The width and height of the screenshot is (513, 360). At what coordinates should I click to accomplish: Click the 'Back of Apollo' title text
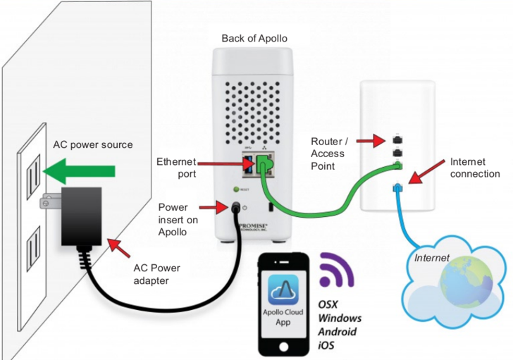point(254,38)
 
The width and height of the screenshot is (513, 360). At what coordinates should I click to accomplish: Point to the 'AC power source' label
point(93,145)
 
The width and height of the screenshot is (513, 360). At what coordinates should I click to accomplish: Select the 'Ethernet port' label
point(176,168)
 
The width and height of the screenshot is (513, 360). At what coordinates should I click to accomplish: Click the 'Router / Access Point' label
point(328,154)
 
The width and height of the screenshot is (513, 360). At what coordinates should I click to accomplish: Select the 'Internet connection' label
point(474,168)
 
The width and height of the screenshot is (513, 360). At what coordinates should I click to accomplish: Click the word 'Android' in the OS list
point(337,332)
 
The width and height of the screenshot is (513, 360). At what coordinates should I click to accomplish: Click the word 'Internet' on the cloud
point(432,258)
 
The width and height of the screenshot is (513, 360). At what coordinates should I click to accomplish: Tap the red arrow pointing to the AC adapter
point(120,247)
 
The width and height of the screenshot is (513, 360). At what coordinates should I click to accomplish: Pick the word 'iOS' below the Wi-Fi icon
point(328,345)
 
